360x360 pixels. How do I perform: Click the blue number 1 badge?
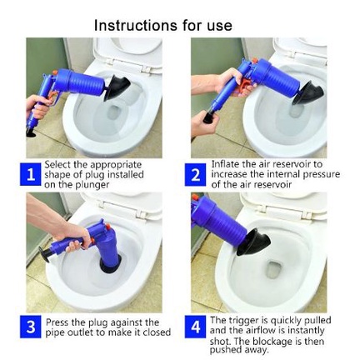[x=31, y=175]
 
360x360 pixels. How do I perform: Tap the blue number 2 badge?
[x=196, y=175]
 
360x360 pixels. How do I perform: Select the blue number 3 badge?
[x=31, y=327]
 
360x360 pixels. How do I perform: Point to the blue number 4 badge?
[x=196, y=327]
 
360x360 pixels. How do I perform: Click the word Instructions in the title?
[x=136, y=26]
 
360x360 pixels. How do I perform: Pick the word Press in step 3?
[x=57, y=322]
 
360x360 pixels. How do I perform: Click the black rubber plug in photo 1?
[x=116, y=87]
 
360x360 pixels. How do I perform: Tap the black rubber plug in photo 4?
[x=252, y=242]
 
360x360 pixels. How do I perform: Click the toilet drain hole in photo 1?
[x=114, y=112]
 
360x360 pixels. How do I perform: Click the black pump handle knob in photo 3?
[x=44, y=254]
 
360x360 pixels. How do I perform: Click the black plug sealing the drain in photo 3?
[x=110, y=266]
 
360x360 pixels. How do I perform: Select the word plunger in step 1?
[x=92, y=185]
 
